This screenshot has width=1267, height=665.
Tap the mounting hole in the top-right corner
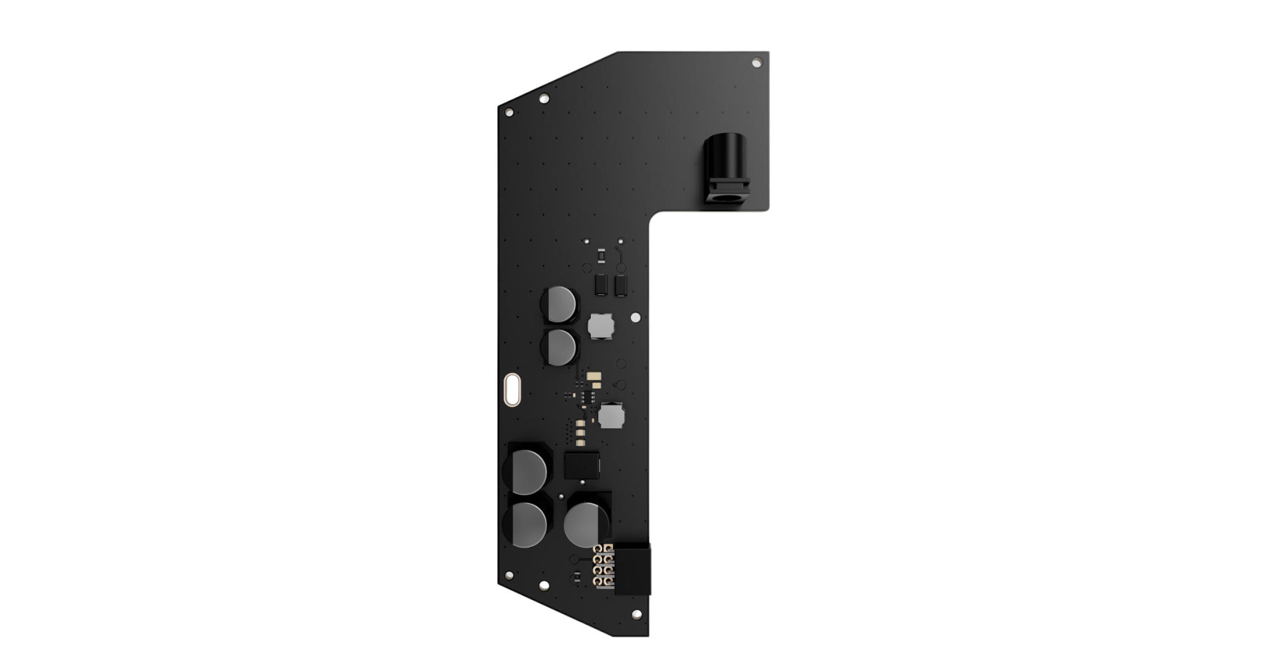pos(756,62)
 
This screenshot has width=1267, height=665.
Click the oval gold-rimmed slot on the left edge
pos(512,390)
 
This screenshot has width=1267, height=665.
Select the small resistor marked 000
pos(600,255)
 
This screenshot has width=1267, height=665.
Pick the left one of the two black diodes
pos(600,285)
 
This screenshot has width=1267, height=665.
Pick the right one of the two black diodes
pos(621,285)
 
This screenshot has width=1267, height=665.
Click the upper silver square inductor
pos(600,325)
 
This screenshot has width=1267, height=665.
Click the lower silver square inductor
pos(611,415)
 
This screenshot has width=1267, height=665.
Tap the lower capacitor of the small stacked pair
pos(562,346)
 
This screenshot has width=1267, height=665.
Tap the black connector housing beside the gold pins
pos(632,568)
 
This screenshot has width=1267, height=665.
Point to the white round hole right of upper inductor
pos(635,317)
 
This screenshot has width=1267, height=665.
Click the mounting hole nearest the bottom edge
pos(636,614)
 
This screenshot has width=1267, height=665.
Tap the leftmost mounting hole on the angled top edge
pos(509,113)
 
